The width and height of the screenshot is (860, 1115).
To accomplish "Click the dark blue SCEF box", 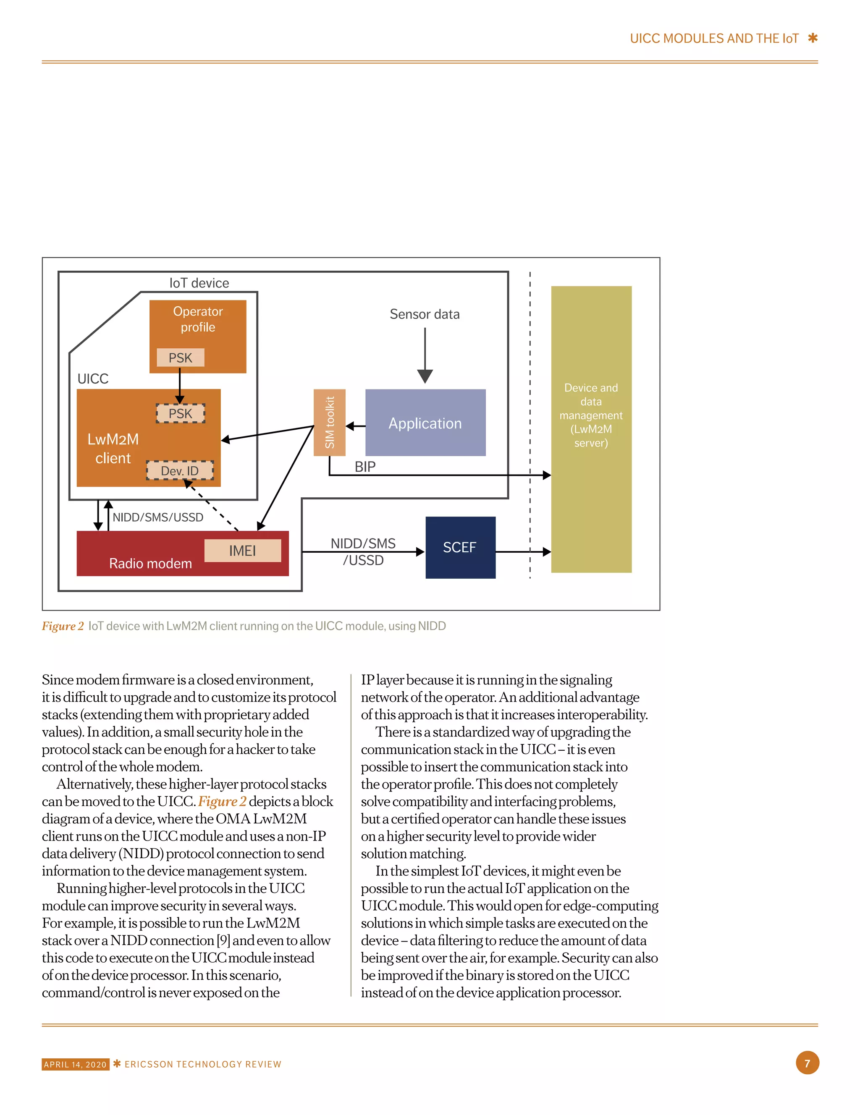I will click(x=460, y=547).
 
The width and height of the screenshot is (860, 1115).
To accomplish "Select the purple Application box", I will click(x=425, y=423).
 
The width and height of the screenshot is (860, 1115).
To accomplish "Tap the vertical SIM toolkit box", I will click(x=330, y=422).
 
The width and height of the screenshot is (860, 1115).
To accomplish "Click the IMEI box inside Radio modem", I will click(x=242, y=550).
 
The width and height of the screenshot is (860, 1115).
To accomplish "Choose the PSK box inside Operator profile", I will click(x=181, y=358).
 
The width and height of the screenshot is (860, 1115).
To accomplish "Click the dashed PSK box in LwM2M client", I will click(x=181, y=413).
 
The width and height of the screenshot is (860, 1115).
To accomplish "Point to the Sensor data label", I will click(x=425, y=314).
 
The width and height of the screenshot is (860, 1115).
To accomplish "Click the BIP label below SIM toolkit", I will click(x=365, y=466).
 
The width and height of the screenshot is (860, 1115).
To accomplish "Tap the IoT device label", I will click(x=199, y=283).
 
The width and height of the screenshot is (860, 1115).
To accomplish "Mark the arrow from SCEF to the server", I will click(x=523, y=551).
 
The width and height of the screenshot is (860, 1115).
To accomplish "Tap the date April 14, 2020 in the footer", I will click(x=75, y=1065).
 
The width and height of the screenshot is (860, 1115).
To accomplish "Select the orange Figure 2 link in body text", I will click(x=222, y=802).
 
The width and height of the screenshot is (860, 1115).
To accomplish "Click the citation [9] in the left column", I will click(x=223, y=940).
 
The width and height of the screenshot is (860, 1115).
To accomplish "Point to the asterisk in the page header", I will click(x=813, y=38).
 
